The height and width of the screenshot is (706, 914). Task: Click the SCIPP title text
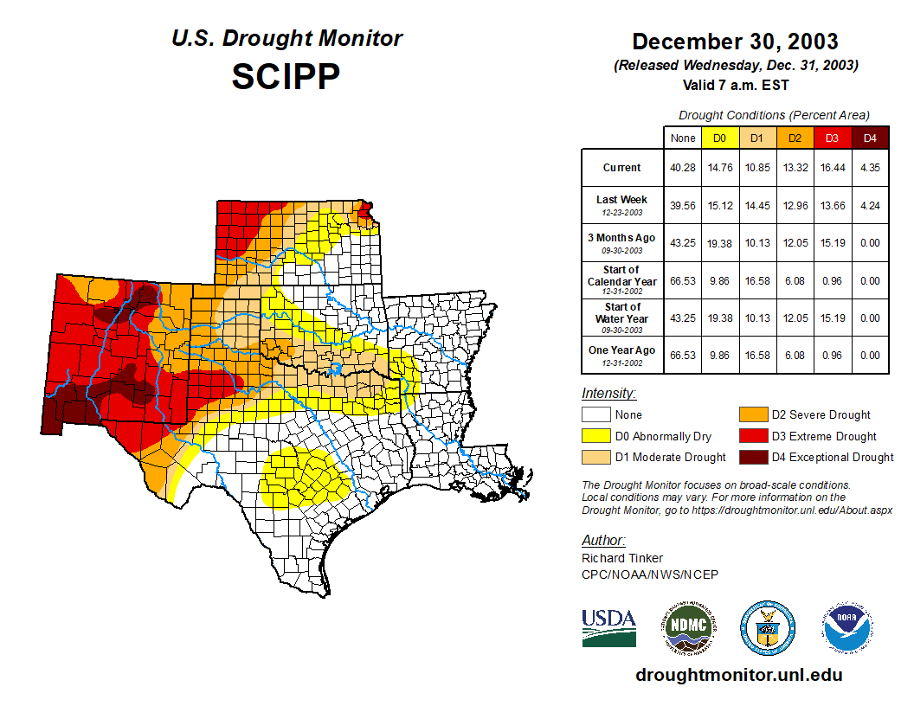coord(286,77)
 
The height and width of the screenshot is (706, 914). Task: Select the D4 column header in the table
coord(871,138)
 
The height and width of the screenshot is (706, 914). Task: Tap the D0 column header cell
coord(719,138)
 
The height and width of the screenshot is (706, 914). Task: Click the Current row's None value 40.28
coord(682,168)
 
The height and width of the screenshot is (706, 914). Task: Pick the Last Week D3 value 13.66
coord(833,206)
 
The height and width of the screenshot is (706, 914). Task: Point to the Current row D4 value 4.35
coord(871,168)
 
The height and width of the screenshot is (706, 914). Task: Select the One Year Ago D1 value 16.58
coord(756,355)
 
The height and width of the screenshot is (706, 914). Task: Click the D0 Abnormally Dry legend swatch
coord(596,436)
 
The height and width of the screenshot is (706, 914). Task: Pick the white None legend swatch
coord(596,415)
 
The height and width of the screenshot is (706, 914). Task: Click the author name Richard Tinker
coord(622,558)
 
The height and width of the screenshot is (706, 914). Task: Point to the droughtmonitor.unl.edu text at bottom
coord(738,675)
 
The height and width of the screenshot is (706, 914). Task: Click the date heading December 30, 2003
coord(735,42)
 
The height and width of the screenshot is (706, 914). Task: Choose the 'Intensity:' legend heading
coord(608,394)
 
